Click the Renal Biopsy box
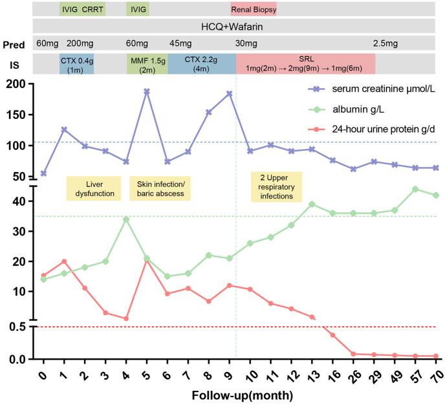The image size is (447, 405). pos(254,9)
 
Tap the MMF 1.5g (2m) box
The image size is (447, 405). pos(147,63)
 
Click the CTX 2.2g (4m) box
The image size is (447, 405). pos(201,63)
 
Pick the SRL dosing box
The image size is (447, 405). pos(305,63)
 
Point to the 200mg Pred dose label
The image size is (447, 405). pos(79,44)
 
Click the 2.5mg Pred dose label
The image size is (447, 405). pos(386,44)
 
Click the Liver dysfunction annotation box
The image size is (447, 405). pos(93,188)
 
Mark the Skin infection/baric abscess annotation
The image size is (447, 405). pos(161,188)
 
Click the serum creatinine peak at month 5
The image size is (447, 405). pos(146,91)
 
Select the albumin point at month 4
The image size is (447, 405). pos(125,219)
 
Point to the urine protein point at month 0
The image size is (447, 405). pos(43,276)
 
